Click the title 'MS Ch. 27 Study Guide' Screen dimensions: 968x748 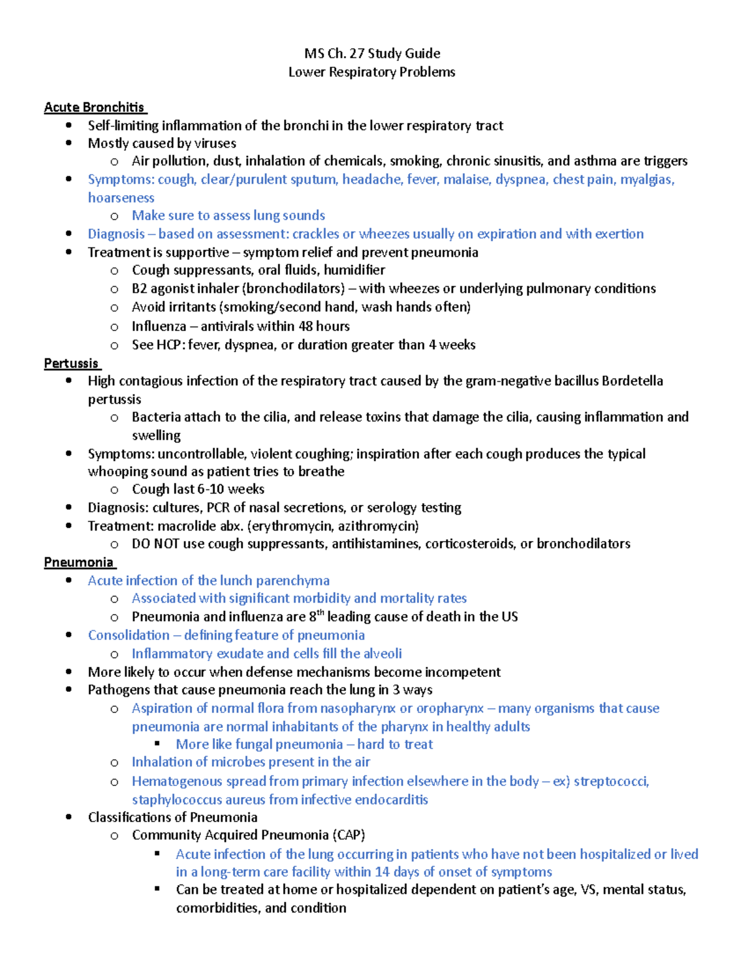pos(372,54)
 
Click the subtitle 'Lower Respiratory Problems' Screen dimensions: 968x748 pos(372,72)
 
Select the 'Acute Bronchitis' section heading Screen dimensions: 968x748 pos(94,107)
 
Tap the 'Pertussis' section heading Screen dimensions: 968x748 pos(71,363)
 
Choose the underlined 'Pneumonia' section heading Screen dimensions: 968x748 pos(79,562)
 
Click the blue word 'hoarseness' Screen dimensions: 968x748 pos(121,198)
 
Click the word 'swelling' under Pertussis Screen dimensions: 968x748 pos(156,435)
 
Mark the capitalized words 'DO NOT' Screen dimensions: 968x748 pos(155,544)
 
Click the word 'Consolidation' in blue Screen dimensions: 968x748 pos(128,635)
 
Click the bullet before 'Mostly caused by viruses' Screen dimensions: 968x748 pos(69,143)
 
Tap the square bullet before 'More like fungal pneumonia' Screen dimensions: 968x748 pos(158,744)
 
